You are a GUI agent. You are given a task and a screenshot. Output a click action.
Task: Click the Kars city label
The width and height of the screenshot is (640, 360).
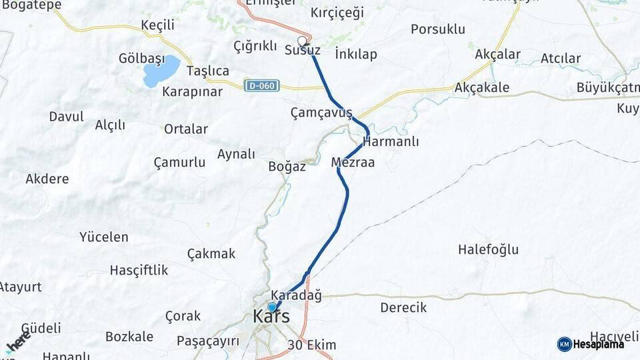pyautogui.click(x=271, y=317)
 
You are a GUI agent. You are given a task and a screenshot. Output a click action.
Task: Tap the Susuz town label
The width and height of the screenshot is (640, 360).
pyautogui.click(x=303, y=51)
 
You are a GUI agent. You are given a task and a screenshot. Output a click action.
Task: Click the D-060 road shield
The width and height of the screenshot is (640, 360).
pyautogui.click(x=261, y=86)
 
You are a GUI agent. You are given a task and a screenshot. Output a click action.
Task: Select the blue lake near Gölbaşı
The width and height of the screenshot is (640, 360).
pyautogui.click(x=161, y=71)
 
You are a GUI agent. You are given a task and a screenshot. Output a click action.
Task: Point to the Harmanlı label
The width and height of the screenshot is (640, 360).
pyautogui.click(x=391, y=141)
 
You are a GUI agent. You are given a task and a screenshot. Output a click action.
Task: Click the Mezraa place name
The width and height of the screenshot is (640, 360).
pyautogui.click(x=353, y=162)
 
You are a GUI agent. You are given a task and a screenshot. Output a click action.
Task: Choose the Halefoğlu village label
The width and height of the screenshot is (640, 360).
pyautogui.click(x=488, y=250)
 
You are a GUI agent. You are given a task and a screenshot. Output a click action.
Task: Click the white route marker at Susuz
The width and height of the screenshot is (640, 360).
pyautogui.click(x=301, y=40)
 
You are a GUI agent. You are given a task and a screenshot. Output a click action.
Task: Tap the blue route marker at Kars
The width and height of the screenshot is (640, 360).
pyautogui.click(x=272, y=307)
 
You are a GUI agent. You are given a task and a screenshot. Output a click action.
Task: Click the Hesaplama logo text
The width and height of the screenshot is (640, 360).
pyautogui.click(x=599, y=344)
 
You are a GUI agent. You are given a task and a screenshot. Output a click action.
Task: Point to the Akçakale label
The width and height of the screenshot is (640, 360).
pyautogui.click(x=482, y=87)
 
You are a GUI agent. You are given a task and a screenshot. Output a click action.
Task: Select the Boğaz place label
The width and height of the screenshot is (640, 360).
pyautogui.click(x=287, y=167)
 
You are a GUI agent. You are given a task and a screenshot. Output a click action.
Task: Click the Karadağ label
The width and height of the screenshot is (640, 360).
pyautogui.click(x=297, y=295)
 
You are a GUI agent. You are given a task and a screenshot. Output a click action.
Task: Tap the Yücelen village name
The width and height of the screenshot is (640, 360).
pyautogui.click(x=103, y=237)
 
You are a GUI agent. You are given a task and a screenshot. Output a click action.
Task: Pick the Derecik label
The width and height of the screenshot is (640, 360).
pyautogui.click(x=403, y=308)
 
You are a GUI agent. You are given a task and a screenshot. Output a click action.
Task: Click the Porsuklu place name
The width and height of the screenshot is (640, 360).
pyautogui.click(x=438, y=29)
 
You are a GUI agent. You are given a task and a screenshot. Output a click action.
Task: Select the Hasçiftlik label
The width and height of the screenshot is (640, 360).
pyautogui.click(x=139, y=270)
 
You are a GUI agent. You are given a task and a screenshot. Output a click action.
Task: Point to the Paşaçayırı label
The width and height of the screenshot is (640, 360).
pyautogui.click(x=208, y=341)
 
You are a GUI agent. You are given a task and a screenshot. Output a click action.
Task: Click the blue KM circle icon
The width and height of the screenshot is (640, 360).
pyautogui.click(x=564, y=344)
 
